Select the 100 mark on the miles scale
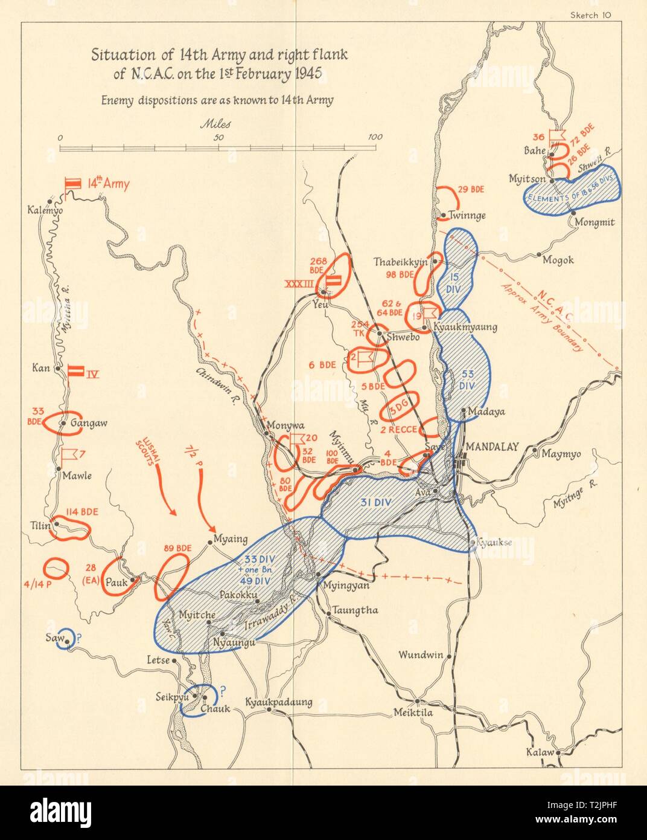click(x=375, y=137)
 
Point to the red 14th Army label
click(x=108, y=184)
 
